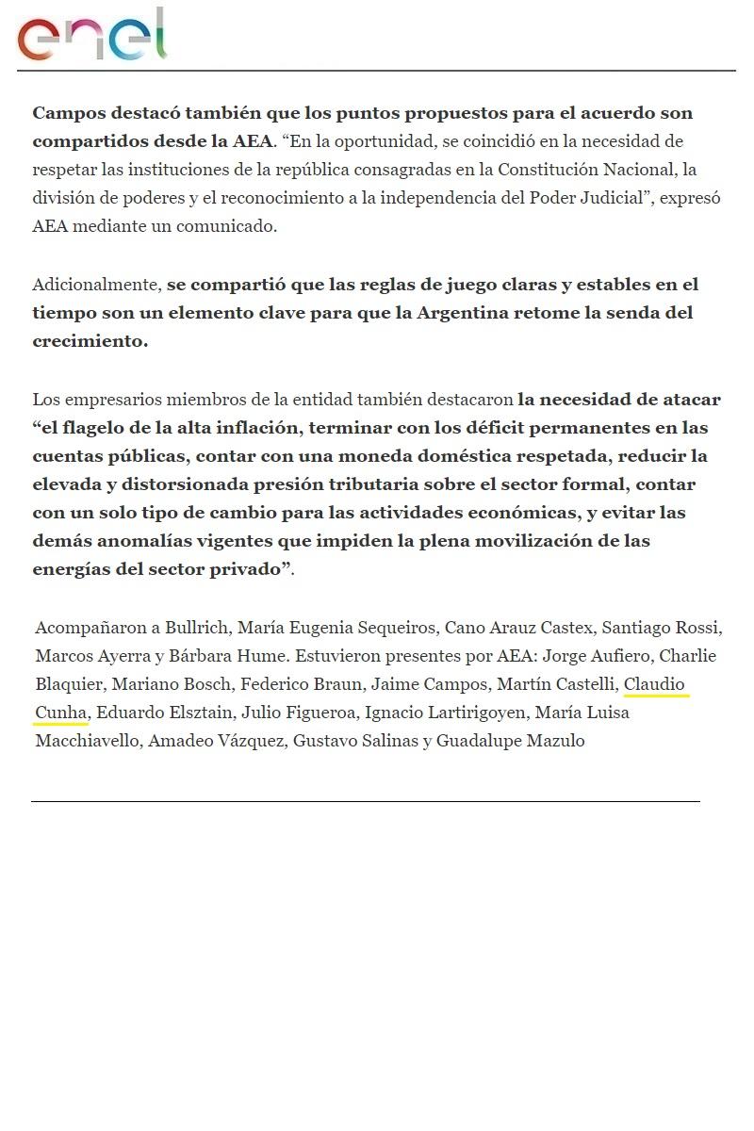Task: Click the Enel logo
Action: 91,36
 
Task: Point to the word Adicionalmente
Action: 96,285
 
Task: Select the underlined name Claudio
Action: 655,684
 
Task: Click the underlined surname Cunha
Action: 60,713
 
